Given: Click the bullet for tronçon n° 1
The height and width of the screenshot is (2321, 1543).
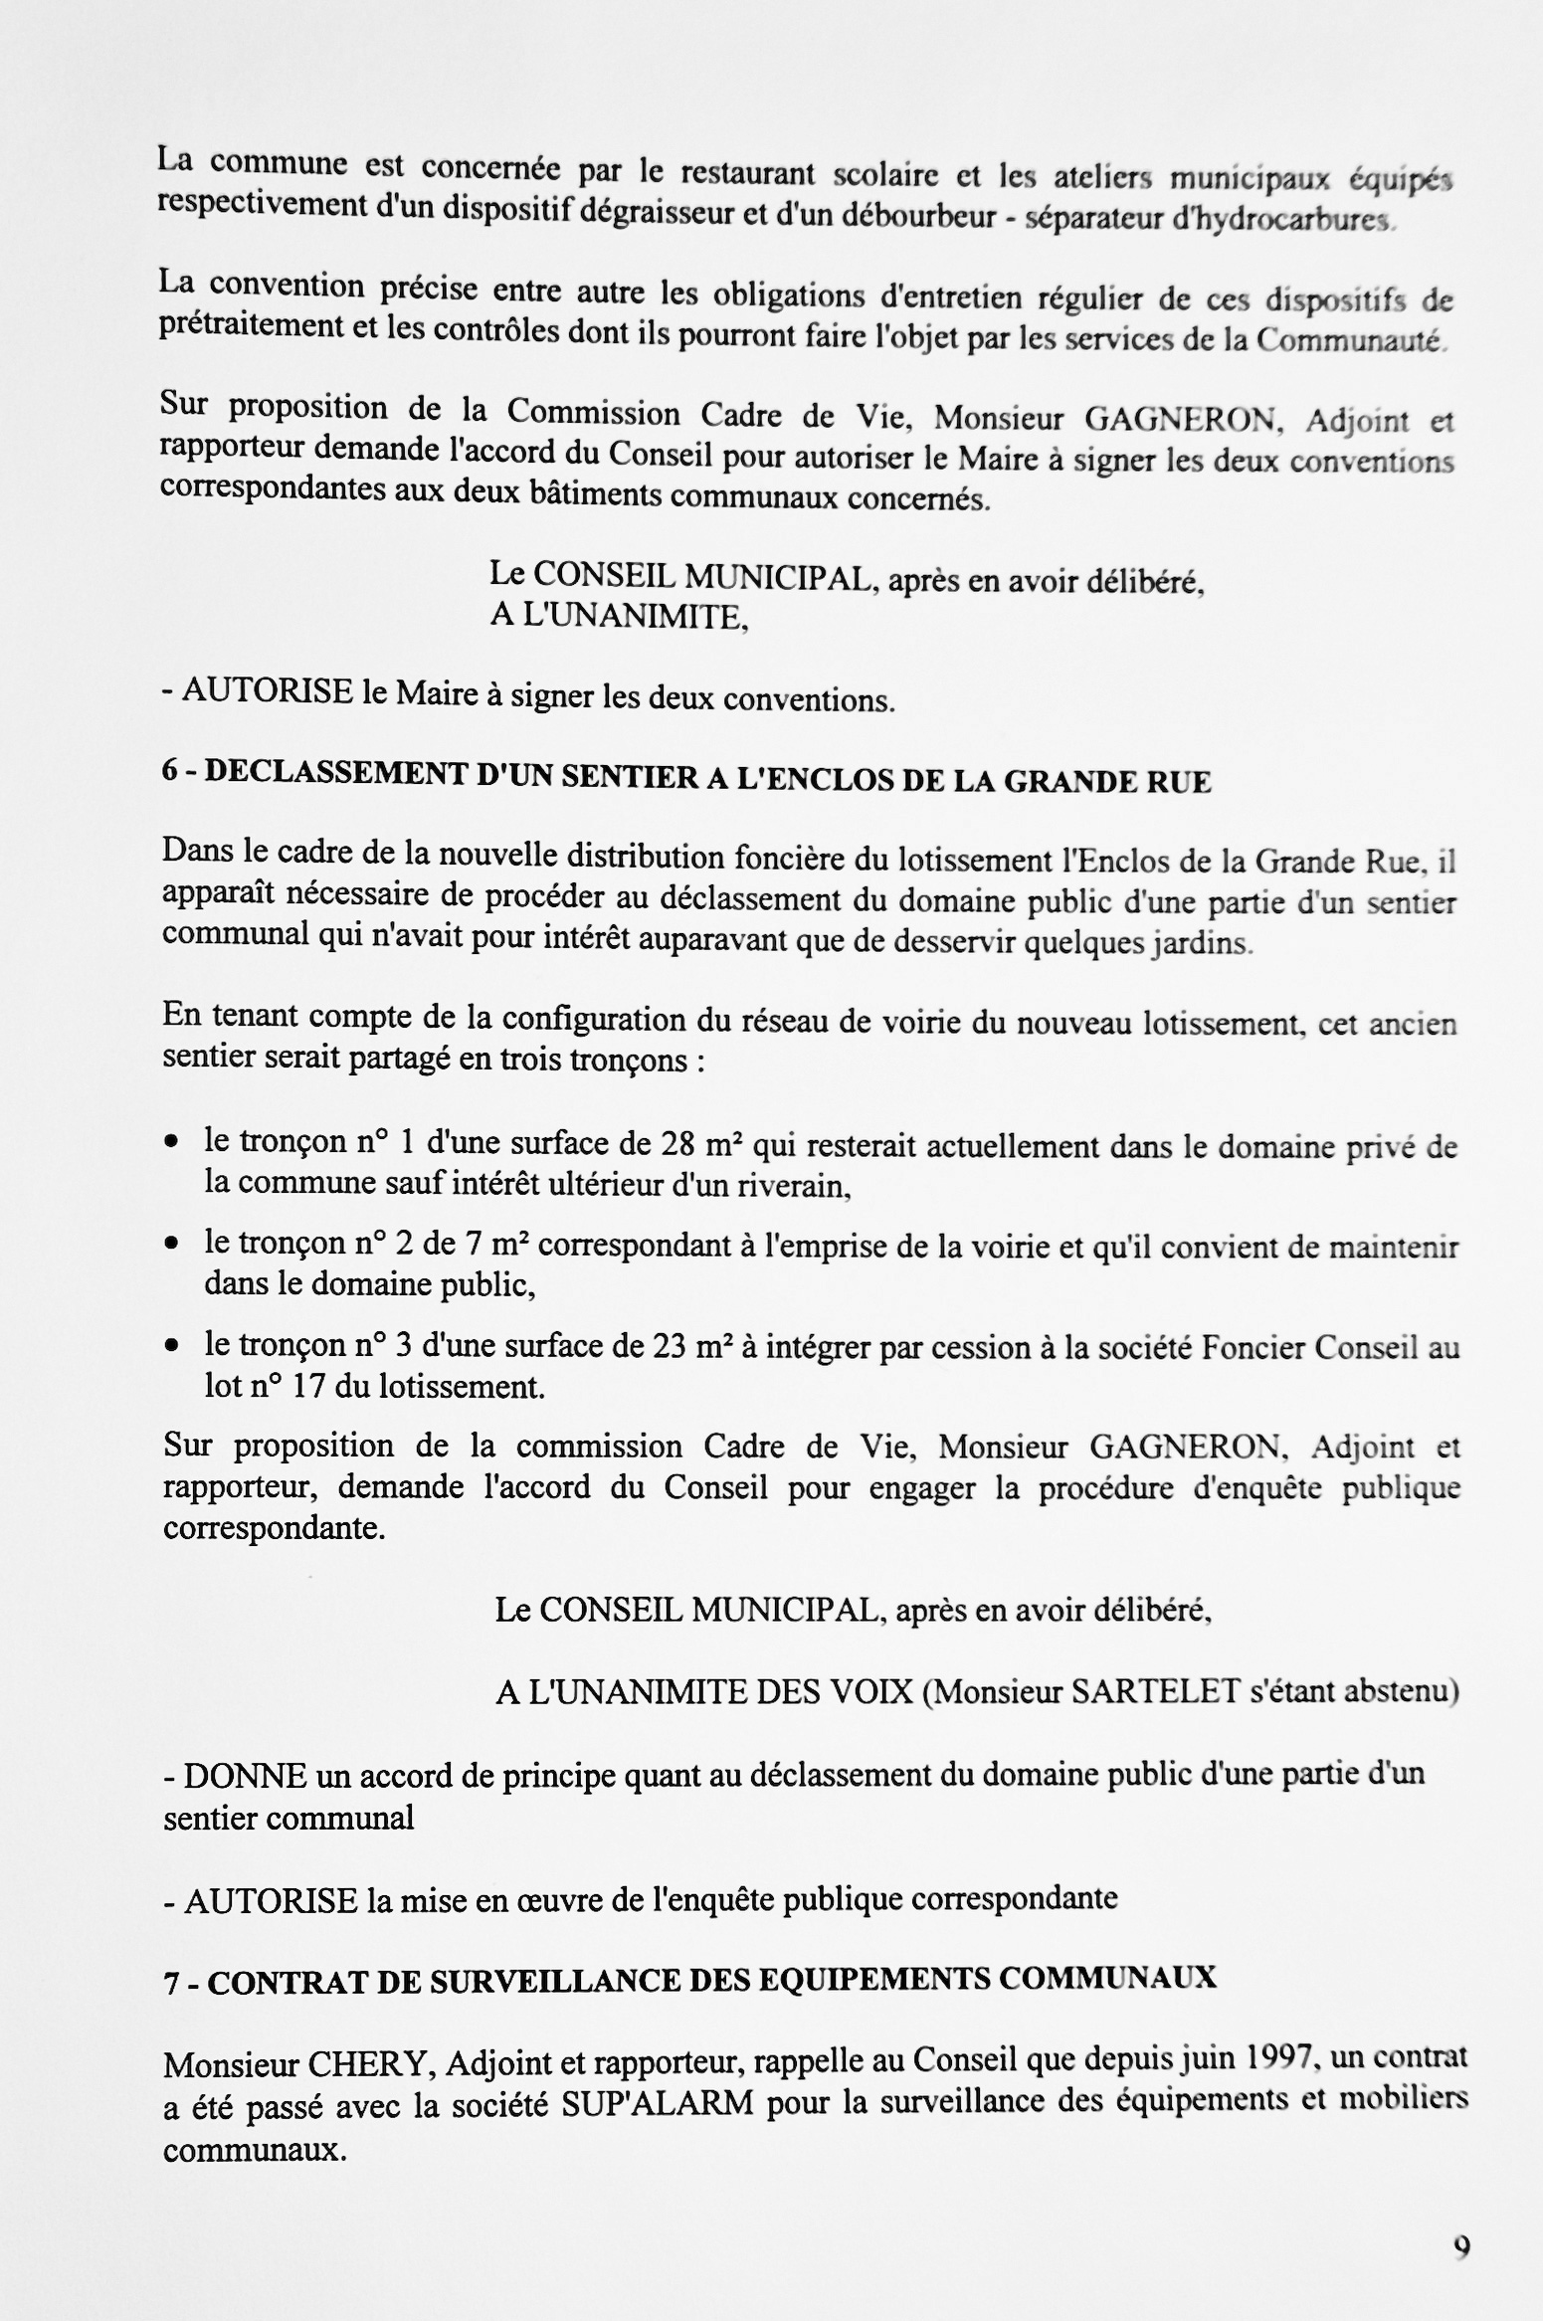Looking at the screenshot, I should click(173, 1144).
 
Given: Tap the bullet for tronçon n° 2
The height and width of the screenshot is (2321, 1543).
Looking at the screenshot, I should click(173, 1244).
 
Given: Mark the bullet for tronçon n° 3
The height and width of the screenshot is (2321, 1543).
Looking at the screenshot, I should click(173, 1345).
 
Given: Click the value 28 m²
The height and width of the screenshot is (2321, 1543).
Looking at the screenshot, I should click(701, 1145).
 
